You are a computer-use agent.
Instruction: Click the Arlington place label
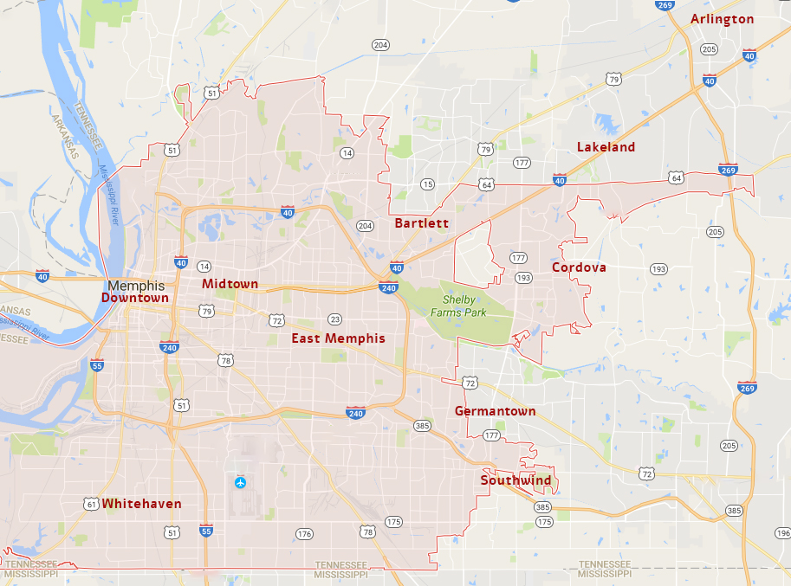pos(722,19)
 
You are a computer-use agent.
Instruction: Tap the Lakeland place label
pos(606,147)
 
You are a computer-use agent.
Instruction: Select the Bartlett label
pos(421,223)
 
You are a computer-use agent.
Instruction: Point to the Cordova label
pos(579,267)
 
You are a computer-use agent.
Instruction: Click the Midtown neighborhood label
pos(230,284)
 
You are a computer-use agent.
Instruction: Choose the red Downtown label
pos(134,298)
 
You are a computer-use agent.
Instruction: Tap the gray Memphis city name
pos(136,285)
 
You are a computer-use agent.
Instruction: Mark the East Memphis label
pos(338,338)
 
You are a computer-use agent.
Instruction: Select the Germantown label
pos(495,411)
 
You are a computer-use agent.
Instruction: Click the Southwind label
pos(515,480)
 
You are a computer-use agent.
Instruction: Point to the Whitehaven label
pos(141,504)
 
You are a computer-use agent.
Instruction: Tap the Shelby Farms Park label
pos(465,306)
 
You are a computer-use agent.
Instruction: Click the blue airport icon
pos(240,481)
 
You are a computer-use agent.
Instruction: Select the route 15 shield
pos(427,184)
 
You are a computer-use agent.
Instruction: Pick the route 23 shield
pos(334,319)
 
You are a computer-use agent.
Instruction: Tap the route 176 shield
pos(303,534)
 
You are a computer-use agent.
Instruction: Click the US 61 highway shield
pos(92,504)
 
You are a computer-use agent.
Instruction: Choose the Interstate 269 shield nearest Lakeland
pos(728,170)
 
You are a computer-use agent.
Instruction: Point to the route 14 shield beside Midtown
pos(204,267)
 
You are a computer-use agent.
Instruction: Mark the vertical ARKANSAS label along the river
pos(63,138)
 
